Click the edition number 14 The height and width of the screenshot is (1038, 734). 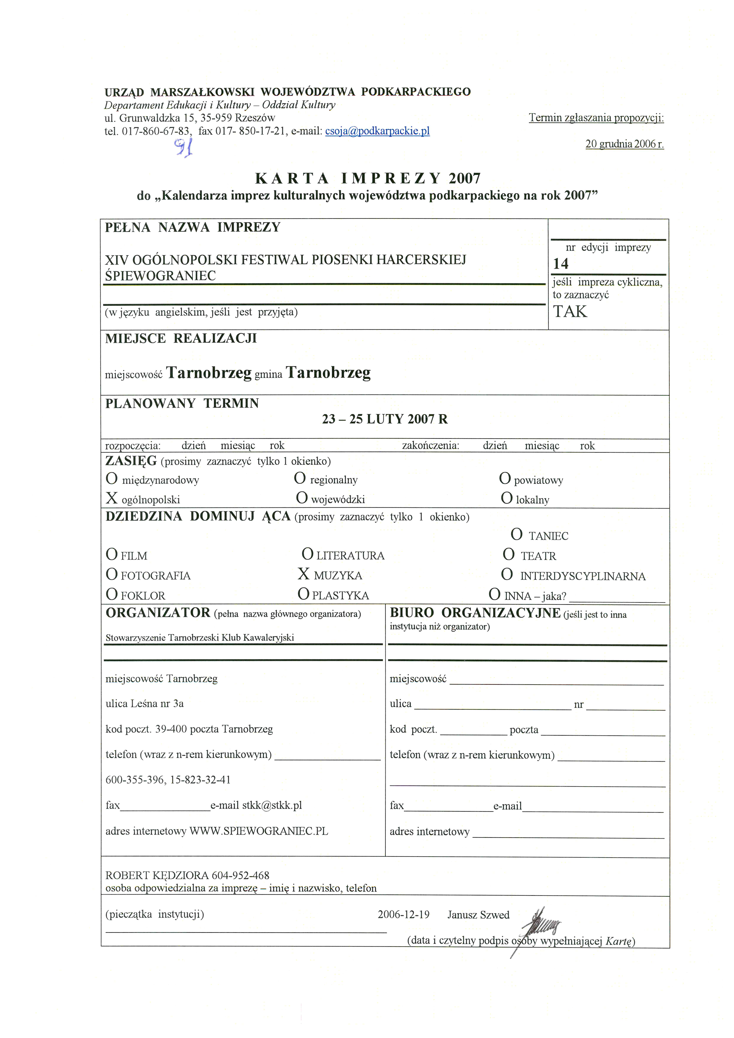[x=560, y=264]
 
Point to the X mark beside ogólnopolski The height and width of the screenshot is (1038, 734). [x=112, y=498]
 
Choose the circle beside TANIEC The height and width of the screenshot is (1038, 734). [x=517, y=535]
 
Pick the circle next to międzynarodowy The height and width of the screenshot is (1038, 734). [x=112, y=478]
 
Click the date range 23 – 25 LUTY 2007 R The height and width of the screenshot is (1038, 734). [x=385, y=419]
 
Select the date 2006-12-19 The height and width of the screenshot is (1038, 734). [x=404, y=915]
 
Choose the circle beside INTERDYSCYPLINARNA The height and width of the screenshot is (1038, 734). [x=507, y=575]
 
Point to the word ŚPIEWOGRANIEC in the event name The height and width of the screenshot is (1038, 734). [x=160, y=276]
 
